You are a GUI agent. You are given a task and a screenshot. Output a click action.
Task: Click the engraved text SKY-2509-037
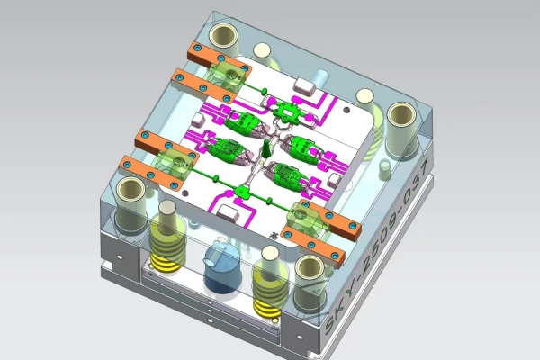tap(377, 247)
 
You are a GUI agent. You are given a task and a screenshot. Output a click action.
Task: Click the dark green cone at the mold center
tap(267, 148)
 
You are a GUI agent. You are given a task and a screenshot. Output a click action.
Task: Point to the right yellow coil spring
tap(269, 283)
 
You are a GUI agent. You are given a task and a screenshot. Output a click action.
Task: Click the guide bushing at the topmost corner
tap(224, 37)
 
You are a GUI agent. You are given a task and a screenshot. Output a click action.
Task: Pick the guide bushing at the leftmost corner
tap(130, 203)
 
